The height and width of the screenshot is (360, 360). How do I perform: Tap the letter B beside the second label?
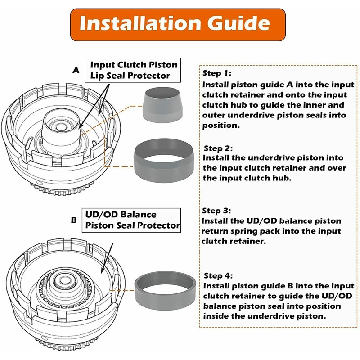click(74, 220)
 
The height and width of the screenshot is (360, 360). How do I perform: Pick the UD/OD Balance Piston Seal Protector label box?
click(131, 220)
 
